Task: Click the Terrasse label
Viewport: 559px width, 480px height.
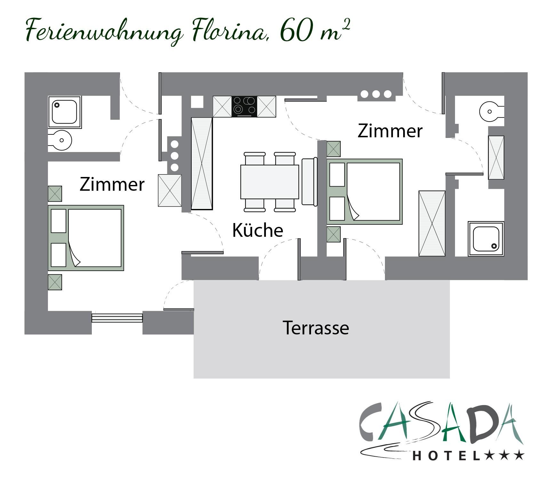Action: [316, 328]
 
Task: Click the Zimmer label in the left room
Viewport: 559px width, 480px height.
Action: [112, 184]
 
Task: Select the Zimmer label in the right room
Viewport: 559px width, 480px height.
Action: [390, 131]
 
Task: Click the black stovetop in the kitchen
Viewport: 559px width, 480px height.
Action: [244, 107]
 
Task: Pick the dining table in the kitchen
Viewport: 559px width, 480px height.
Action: [270, 182]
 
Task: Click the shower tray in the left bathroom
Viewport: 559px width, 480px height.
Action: [65, 112]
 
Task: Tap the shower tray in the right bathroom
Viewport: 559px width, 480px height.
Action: [486, 239]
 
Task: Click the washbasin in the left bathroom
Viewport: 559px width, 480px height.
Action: [60, 140]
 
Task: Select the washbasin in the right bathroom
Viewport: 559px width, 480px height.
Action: [492, 112]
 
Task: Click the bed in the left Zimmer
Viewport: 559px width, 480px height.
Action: [86, 238]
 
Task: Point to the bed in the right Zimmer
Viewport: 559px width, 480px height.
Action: [364, 192]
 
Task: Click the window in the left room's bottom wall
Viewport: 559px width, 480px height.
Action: [117, 317]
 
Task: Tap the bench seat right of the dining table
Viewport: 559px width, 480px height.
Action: [309, 181]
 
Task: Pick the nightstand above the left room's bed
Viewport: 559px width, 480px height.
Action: [55, 194]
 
